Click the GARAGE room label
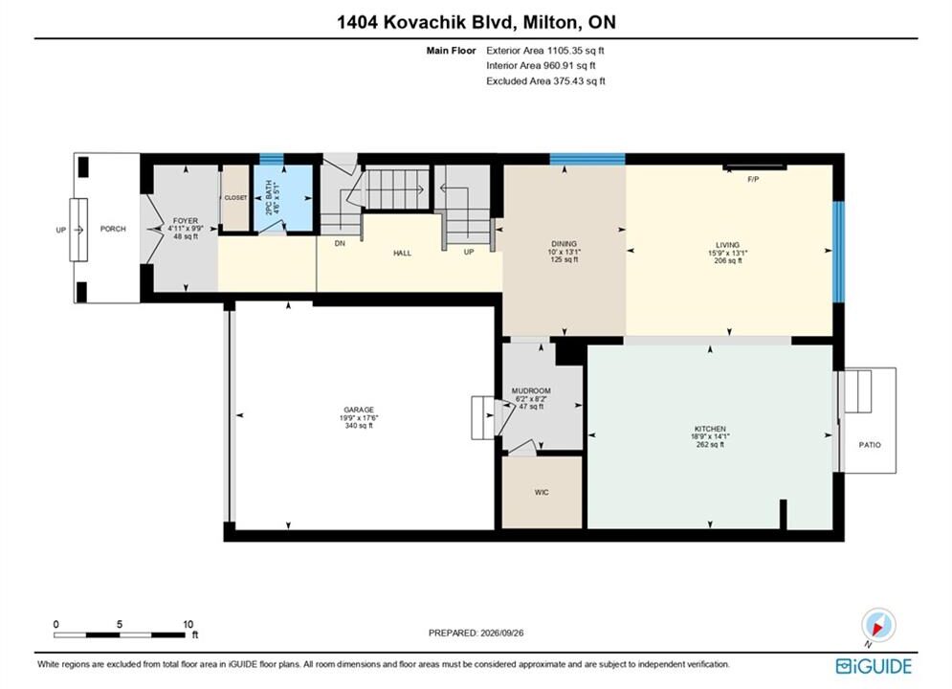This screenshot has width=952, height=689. click(359, 410)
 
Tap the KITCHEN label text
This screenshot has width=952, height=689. click(710, 429)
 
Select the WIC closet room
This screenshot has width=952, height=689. click(542, 492)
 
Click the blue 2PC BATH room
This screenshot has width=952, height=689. click(283, 198)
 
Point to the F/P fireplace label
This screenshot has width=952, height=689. click(753, 179)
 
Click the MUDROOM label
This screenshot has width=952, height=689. click(531, 391)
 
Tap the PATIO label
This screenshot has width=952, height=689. click(870, 445)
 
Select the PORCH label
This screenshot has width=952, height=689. click(113, 229)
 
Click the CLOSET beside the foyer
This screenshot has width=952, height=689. click(235, 198)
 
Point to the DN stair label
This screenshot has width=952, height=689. click(340, 243)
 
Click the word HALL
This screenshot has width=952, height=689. click(402, 254)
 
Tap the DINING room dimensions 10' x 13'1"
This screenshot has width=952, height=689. click(565, 252)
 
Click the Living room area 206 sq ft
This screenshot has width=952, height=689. click(728, 260)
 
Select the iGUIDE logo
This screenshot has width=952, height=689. click(874, 666)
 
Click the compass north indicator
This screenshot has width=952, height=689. click(878, 625)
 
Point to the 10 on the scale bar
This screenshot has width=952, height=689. click(188, 624)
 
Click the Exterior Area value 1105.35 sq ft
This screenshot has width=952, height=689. click(576, 51)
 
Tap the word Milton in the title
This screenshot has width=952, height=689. click(550, 22)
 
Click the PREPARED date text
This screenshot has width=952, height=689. click(476, 633)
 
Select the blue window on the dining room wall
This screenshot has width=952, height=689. click(587, 159)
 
